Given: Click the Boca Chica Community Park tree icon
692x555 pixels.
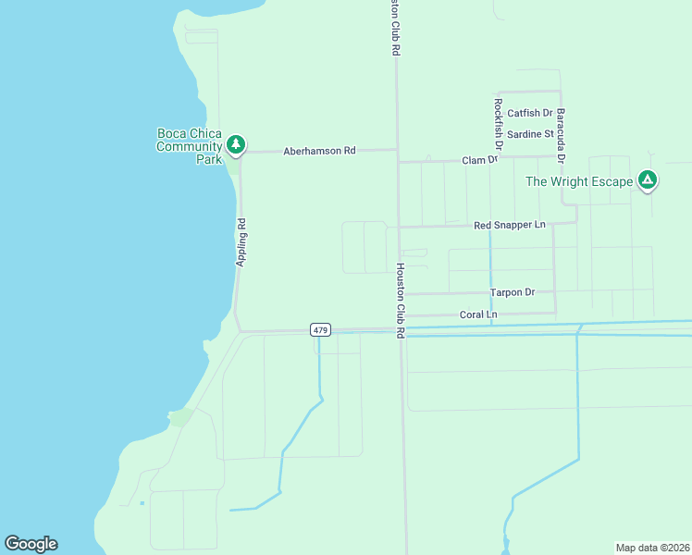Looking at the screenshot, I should click(x=236, y=143).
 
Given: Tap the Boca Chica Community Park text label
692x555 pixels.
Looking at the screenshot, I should click(x=190, y=146).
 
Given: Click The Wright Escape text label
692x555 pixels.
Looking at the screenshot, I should click(x=579, y=181).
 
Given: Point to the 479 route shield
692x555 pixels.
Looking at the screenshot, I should click(x=320, y=330).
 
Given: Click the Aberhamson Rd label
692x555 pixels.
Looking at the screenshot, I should click(x=319, y=151).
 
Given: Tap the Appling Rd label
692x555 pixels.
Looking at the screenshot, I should click(x=241, y=242).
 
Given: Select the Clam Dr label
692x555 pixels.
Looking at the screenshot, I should click(x=480, y=160).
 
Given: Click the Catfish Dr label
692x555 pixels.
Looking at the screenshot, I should click(x=529, y=114).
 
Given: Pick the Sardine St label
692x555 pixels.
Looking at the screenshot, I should click(x=530, y=134).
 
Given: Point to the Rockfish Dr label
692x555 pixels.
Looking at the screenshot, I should click(x=498, y=124).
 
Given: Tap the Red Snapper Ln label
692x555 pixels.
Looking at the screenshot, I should click(x=510, y=225).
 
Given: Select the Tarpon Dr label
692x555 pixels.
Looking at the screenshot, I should click(x=513, y=292).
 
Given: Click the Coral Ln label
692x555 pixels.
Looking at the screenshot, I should click(x=478, y=314).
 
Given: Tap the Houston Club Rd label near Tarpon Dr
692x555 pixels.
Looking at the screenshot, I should click(x=401, y=300).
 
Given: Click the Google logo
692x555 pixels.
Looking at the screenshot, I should click(x=31, y=544).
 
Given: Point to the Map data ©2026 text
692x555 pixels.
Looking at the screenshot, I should click(x=652, y=547).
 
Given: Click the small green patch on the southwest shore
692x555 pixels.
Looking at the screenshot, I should click(x=182, y=417).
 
